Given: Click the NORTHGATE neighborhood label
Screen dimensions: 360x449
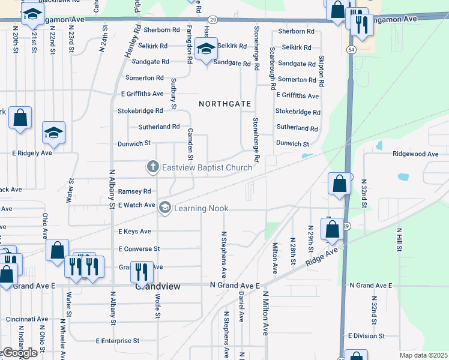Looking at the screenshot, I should [225, 104].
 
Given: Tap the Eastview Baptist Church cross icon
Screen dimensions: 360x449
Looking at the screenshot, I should [153, 167].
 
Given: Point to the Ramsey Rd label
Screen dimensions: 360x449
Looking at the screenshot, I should [134, 191].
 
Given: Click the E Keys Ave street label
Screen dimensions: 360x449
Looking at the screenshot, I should [134, 232].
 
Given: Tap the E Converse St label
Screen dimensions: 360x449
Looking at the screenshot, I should [139, 248].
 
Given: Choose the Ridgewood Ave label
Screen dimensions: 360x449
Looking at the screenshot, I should [415, 154].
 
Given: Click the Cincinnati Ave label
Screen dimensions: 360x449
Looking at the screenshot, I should [26, 319].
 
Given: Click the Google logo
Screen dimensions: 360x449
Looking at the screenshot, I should [19, 353].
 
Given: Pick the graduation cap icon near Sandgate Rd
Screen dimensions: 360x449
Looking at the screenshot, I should [206, 49].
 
